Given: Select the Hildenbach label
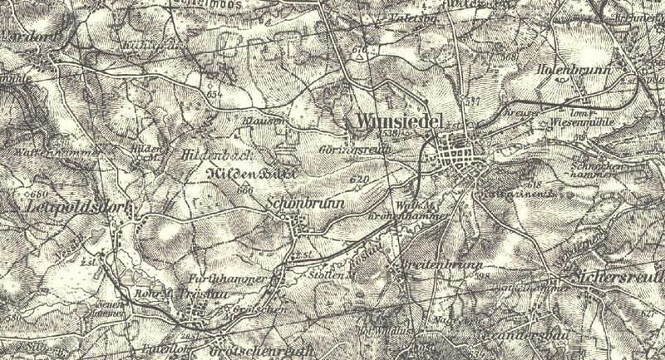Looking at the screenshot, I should tap(214, 155).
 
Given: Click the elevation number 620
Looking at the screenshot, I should tap(359, 179).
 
